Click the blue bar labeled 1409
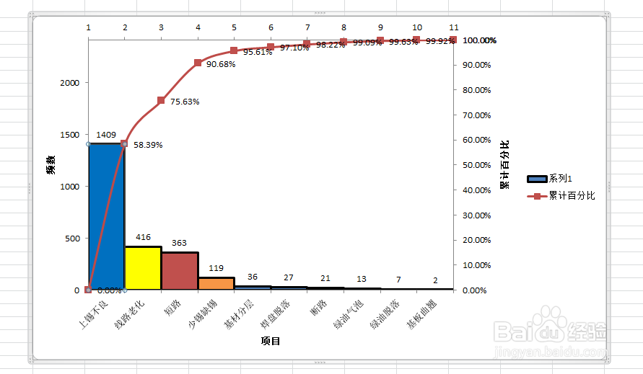click(x=106, y=216)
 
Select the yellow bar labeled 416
click(x=143, y=268)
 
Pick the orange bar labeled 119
click(x=216, y=283)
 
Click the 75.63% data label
click(x=185, y=102)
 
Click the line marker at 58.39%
click(x=124, y=144)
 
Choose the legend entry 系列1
click(x=561, y=178)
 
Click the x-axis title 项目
click(x=271, y=341)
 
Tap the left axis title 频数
click(x=51, y=166)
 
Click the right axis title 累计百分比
click(x=504, y=165)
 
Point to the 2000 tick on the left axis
click(x=70, y=83)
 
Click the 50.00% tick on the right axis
click(x=476, y=165)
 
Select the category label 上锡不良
click(x=94, y=316)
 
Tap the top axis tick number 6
click(x=271, y=27)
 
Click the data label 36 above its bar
click(x=253, y=277)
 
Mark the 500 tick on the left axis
click(x=73, y=239)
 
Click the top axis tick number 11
click(x=453, y=27)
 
